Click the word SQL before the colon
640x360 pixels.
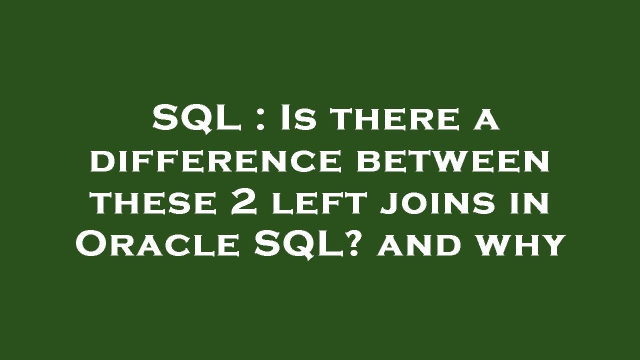pyautogui.click(x=196, y=118)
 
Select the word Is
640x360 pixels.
pyautogui.click(x=298, y=118)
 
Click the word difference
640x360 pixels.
pyautogui.click(x=216, y=161)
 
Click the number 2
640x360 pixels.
pyautogui.click(x=244, y=203)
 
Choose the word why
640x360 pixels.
pyautogui.click(x=520, y=245)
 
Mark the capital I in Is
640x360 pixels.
pyautogui.click(x=285, y=118)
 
